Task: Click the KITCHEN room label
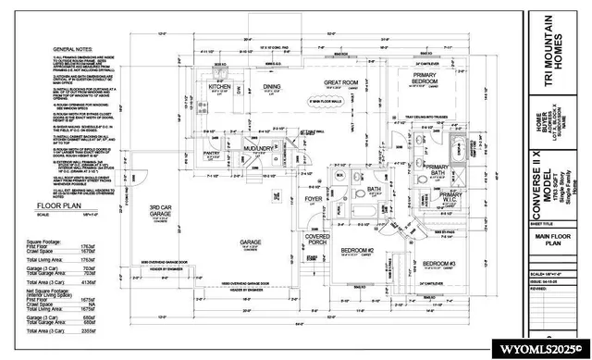(x=219, y=87)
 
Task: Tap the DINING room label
(x=271, y=87)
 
